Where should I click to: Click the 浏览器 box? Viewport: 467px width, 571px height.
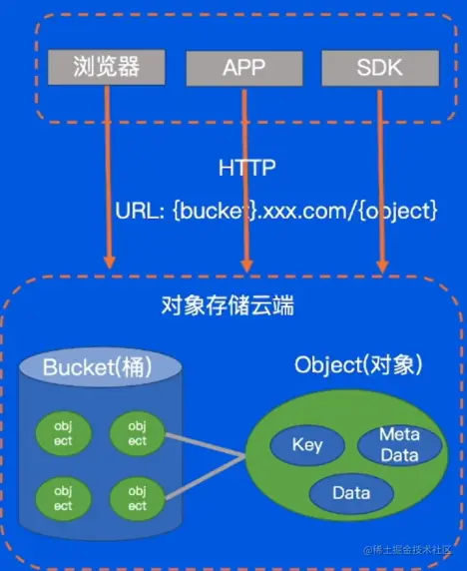click(105, 67)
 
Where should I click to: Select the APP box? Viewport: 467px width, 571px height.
click(243, 68)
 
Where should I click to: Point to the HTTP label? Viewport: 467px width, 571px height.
click(245, 168)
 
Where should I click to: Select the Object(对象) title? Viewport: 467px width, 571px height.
click(358, 364)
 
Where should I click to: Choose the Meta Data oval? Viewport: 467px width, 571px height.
click(399, 443)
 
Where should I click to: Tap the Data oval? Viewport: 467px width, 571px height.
click(350, 493)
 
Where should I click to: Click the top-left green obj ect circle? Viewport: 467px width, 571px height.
click(63, 434)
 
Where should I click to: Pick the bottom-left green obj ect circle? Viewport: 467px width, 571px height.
click(63, 498)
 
